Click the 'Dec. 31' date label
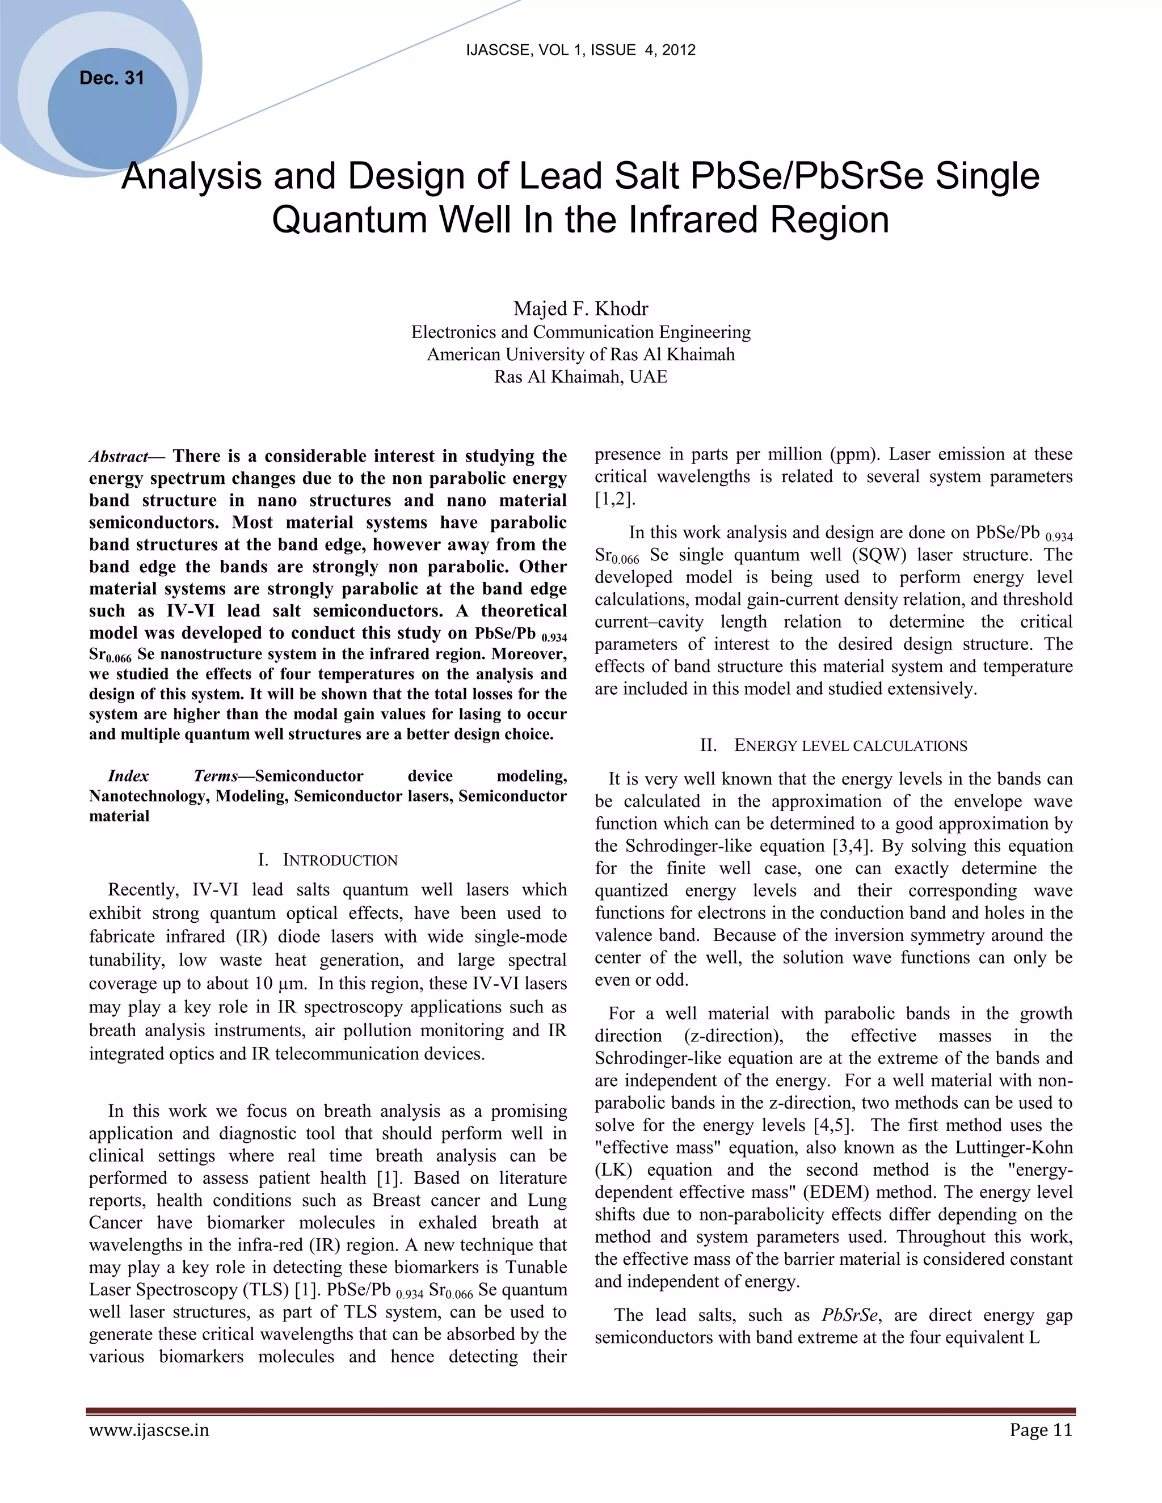click(x=112, y=78)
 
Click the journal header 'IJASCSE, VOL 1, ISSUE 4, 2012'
click(x=580, y=49)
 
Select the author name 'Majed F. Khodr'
click(x=580, y=309)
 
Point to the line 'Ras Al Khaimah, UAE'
click(x=580, y=377)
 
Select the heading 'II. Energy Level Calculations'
click(x=833, y=745)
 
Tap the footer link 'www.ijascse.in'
click(x=149, y=1431)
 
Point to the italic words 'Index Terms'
click(x=172, y=776)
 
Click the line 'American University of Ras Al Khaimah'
click(x=580, y=354)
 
